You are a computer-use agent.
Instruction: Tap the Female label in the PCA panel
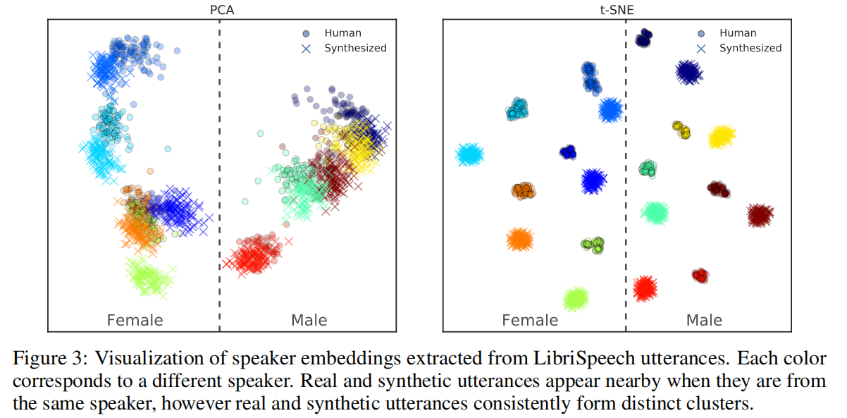click(135, 320)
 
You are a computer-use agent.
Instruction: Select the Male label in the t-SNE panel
click(704, 320)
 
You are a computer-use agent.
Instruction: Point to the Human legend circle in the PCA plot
click(306, 33)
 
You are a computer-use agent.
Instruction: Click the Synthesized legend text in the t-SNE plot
click(750, 48)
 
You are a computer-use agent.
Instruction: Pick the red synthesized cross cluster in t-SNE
click(643, 287)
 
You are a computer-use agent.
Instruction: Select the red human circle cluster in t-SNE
click(699, 276)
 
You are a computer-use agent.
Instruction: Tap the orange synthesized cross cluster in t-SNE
click(519, 240)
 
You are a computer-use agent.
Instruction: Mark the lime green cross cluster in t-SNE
click(576, 298)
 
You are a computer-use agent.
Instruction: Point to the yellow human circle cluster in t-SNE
click(681, 129)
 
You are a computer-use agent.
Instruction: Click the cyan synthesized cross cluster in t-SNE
click(469, 154)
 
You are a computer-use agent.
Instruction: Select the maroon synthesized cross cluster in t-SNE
click(760, 214)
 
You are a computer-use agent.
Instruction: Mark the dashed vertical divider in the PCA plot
click(219, 176)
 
